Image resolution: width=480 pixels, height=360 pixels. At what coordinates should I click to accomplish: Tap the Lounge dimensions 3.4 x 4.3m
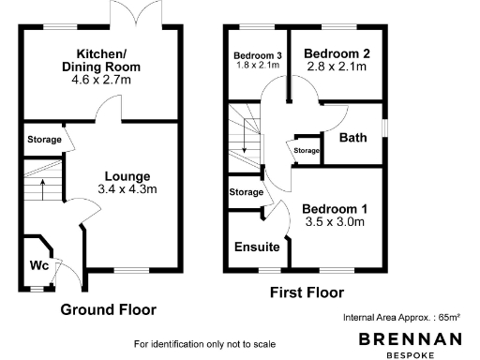click(x=128, y=188)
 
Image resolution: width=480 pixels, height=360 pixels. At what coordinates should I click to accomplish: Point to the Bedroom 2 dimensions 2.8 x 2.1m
click(x=337, y=68)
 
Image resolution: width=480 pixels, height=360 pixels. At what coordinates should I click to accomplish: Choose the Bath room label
click(x=352, y=139)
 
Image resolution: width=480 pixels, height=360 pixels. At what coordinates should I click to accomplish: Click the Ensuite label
click(x=256, y=247)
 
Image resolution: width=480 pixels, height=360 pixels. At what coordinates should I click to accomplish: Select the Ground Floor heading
click(x=108, y=309)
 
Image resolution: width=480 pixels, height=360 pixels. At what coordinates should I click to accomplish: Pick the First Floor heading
click(x=307, y=292)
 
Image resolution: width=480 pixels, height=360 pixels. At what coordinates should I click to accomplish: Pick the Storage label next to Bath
click(x=307, y=150)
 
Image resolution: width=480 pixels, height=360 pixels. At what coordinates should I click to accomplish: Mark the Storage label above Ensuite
click(x=247, y=192)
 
